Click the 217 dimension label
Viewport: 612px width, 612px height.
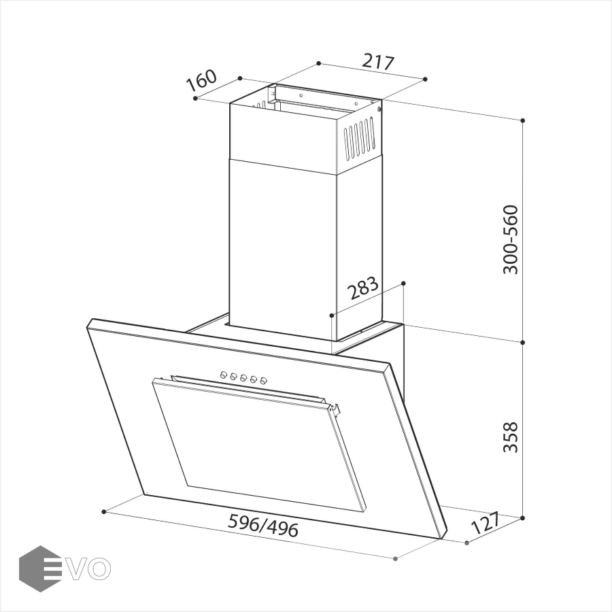tap(378, 63)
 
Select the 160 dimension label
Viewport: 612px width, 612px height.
tap(201, 81)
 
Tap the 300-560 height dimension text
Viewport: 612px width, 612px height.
tap(510, 239)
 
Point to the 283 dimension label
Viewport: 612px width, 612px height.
tap(363, 288)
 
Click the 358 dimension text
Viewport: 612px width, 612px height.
tap(510, 437)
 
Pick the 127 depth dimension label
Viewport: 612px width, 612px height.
tap(485, 523)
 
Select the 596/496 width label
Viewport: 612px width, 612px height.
tap(263, 526)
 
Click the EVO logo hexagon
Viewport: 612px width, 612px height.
tap(40, 568)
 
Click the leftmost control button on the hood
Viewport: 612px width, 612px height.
tap(224, 375)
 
